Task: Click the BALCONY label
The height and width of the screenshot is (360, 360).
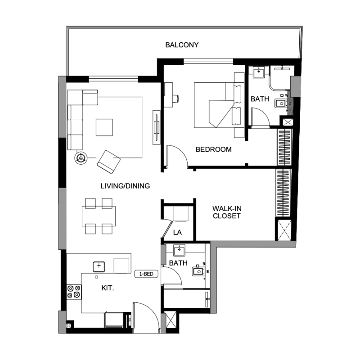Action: pos(182,45)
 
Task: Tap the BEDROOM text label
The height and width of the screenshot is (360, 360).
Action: pos(213,149)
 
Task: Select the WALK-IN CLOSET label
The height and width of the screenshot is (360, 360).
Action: pos(226,212)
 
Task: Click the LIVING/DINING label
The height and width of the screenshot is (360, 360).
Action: pos(125,185)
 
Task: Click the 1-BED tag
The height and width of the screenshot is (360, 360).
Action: pos(146,274)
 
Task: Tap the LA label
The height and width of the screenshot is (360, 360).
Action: pos(177,233)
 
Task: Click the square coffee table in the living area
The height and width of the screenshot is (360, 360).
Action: pos(104,127)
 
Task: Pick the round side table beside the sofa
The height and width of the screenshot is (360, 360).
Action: pos(81,157)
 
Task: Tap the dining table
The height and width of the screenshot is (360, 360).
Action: pos(99,216)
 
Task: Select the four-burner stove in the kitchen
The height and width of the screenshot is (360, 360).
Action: pos(74,292)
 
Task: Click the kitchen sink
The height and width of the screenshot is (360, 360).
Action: pos(99,266)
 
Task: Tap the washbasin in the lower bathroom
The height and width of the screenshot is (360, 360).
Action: pos(180,250)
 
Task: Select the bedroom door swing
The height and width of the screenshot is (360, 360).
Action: pos(177,156)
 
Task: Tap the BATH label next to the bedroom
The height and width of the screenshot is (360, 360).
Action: pos(259,99)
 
